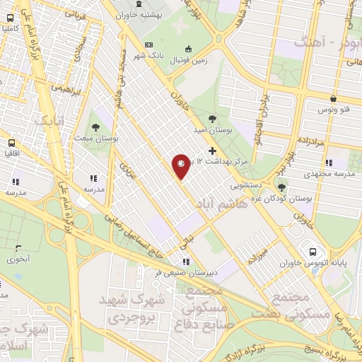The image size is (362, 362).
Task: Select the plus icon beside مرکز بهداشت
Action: pos(213,151)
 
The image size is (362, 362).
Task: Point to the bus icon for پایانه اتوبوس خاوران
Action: pos(313,252)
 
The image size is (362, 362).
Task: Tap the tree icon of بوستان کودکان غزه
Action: pos(281,187)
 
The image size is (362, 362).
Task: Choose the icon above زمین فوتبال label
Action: pos(188,49)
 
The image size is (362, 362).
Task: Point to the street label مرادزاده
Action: pos(308,141)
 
